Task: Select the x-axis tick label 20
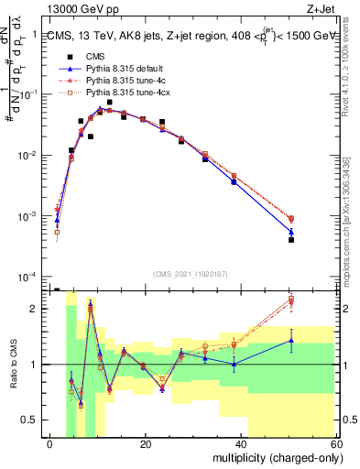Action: pyautogui.click(x=145, y=444)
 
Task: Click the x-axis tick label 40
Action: pyautogui.click(x=240, y=444)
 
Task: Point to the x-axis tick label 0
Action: pyautogui.click(x=50, y=444)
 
